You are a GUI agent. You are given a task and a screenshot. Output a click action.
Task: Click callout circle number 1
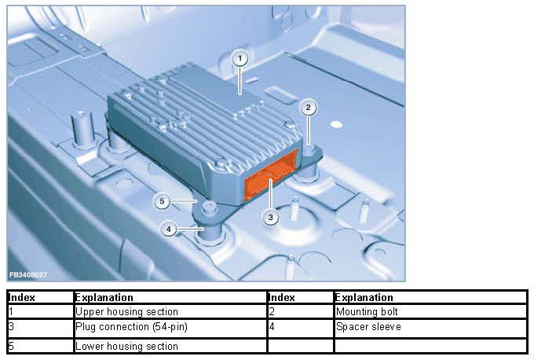pyautogui.click(x=240, y=59)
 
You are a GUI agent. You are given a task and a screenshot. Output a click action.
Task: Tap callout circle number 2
pyautogui.click(x=308, y=108)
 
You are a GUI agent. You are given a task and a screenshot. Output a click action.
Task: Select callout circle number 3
pyautogui.click(x=270, y=217)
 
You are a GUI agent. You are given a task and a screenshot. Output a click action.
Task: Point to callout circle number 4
pyautogui.click(x=168, y=229)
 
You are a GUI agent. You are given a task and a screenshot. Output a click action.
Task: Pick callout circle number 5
pyautogui.click(x=162, y=201)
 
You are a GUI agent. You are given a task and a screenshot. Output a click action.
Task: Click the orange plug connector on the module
pyautogui.click(x=272, y=175)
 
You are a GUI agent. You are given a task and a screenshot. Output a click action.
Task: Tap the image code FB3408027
pyautogui.click(x=27, y=275)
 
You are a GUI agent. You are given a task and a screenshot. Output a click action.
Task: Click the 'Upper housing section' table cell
pyautogui.click(x=170, y=311)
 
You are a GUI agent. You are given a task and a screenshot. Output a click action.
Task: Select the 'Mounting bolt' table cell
pyautogui.click(x=431, y=311)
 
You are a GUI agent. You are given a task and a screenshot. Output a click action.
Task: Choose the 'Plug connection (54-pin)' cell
pyautogui.click(x=170, y=329)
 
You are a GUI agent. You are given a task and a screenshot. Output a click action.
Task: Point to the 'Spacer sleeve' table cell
pyautogui.click(x=431, y=329)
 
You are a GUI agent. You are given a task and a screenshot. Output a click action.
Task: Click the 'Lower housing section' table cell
pyautogui.click(x=170, y=346)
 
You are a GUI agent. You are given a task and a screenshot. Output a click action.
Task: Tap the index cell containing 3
pyautogui.click(x=40, y=329)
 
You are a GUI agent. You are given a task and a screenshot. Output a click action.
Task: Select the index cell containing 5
pyautogui.click(x=40, y=346)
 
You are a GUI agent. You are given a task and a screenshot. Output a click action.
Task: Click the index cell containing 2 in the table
pyautogui.click(x=300, y=311)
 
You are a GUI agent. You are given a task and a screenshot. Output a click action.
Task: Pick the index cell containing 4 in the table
pyautogui.click(x=300, y=329)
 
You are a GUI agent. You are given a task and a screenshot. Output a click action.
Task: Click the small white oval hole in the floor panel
pyautogui.click(x=336, y=124)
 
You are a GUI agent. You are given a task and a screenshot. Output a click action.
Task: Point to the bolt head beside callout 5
pyautogui.click(x=209, y=207)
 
